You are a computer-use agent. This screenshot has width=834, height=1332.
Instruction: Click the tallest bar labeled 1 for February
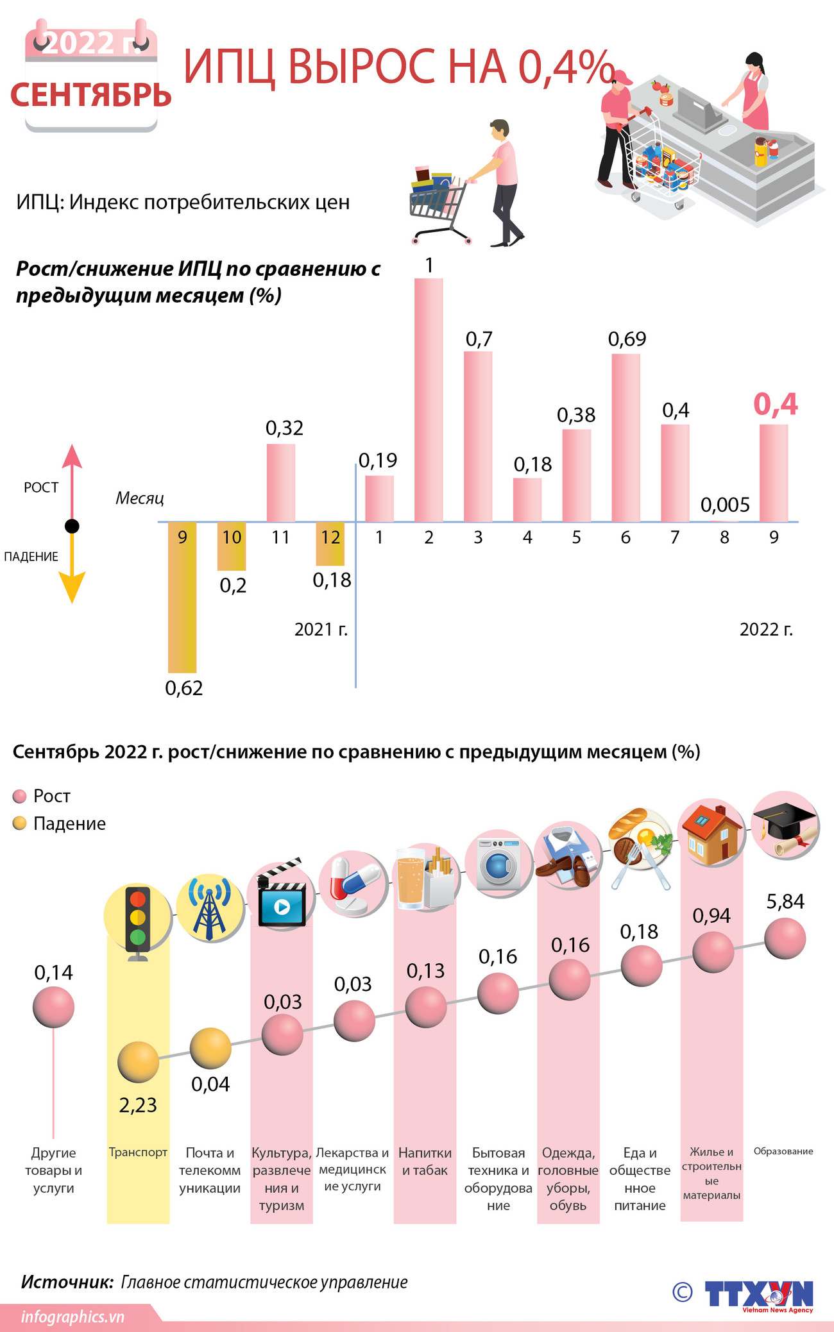pos(429,399)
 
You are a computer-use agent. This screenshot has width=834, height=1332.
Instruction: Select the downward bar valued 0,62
pos(182,596)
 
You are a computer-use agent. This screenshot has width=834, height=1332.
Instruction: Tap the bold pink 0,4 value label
pos(775,404)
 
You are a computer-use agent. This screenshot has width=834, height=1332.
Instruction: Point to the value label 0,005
pos(725,505)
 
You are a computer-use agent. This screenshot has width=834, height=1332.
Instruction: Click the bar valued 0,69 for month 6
pos(625,437)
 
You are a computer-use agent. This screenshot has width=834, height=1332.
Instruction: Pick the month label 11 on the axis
pos(280,537)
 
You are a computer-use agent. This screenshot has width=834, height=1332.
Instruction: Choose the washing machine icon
pos(499,863)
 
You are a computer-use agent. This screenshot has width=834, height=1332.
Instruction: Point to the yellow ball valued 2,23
pos(138,1062)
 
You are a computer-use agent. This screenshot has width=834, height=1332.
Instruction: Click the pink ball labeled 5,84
pos(785,938)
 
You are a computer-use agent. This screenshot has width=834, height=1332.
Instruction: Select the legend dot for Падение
pos(20,823)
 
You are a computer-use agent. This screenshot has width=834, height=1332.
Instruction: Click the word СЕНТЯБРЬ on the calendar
pos(91,95)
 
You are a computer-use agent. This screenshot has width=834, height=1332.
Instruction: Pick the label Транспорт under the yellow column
pos(138,1152)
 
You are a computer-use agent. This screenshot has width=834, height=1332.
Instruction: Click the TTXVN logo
pos(758,1294)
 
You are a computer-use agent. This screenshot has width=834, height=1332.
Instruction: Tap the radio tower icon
pos(210,909)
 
